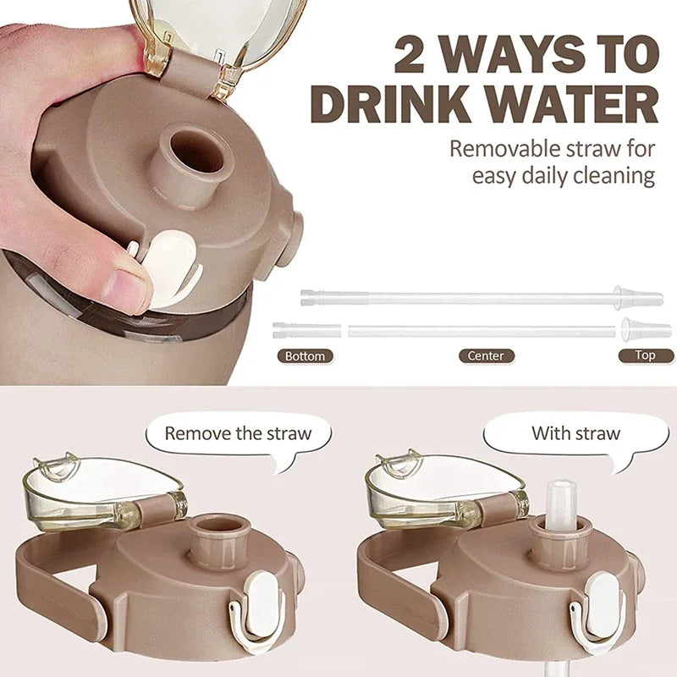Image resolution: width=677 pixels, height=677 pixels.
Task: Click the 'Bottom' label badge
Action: click(305, 356)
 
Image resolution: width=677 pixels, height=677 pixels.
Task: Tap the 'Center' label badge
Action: click(486, 356)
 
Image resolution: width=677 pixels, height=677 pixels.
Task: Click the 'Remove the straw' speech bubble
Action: click(237, 434)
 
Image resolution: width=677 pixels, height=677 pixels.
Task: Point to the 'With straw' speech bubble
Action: click(575, 434)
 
